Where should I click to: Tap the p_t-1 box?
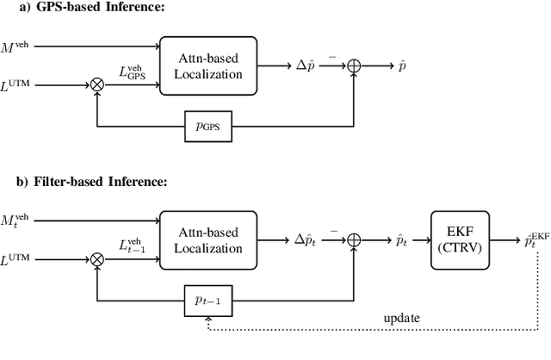(207, 302)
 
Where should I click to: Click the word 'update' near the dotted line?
(403, 318)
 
